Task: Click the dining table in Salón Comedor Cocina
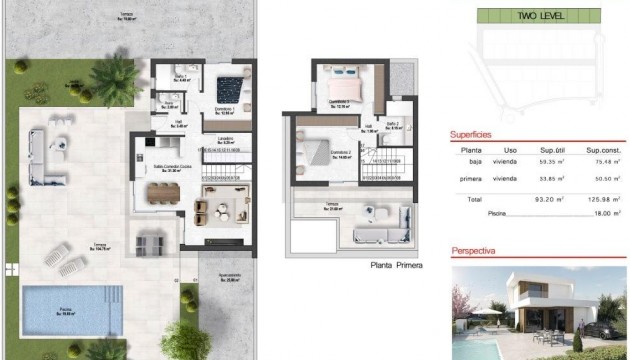160,188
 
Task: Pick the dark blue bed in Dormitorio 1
234,79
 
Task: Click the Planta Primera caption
395,265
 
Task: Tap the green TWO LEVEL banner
540,16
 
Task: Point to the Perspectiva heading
478,253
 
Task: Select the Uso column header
510,150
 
